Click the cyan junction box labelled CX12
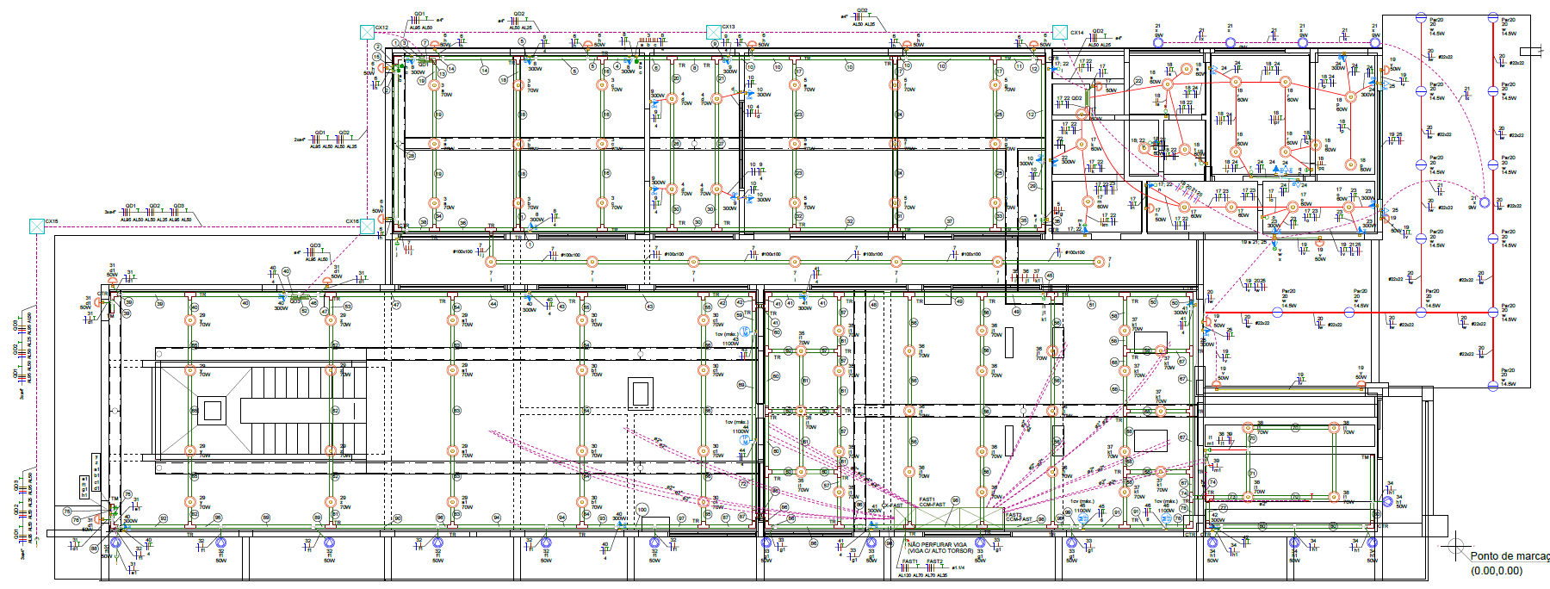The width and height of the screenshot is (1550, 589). click(x=367, y=32)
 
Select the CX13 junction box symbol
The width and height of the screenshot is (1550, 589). click(x=713, y=32)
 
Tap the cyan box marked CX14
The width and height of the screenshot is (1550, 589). click(x=1060, y=33)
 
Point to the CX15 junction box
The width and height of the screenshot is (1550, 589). click(x=36, y=226)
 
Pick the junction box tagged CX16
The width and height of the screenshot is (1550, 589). click(x=367, y=226)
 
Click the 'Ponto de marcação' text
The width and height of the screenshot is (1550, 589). click(x=1509, y=556)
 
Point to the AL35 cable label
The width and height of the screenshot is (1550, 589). click(x=942, y=575)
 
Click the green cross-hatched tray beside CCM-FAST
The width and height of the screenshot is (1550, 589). click(x=964, y=517)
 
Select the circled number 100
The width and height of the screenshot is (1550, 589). click(x=642, y=510)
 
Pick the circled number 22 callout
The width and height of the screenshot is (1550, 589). click(x=1138, y=81)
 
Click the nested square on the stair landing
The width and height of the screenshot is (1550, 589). click(x=213, y=410)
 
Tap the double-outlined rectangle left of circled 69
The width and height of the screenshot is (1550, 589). click(x=640, y=393)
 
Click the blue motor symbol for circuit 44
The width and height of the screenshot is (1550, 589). click(x=746, y=441)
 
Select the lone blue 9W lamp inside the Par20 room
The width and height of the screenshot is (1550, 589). click(x=1484, y=202)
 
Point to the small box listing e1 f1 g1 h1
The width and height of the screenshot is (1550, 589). click(x=84, y=486)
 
